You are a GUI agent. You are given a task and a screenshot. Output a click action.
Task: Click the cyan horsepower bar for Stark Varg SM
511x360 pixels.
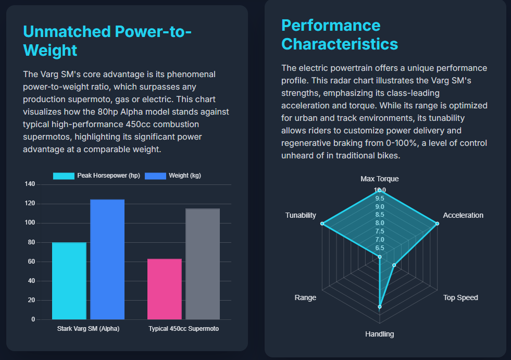(69, 281)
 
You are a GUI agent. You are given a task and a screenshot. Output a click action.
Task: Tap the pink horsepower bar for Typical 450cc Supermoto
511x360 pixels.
(165, 289)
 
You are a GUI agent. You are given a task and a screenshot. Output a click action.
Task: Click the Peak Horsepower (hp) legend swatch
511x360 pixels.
(64, 176)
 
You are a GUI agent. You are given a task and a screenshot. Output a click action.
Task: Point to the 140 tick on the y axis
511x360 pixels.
(30, 184)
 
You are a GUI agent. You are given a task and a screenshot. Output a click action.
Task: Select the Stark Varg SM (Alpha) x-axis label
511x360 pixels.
(88, 329)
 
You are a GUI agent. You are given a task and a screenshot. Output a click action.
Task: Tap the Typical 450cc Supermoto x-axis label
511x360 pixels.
(183, 329)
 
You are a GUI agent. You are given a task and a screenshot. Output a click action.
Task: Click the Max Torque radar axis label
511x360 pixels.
(380, 179)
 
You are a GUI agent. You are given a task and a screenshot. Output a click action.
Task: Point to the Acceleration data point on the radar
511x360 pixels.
(437, 224)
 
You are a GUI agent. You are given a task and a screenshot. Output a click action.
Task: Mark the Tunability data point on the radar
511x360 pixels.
(322, 224)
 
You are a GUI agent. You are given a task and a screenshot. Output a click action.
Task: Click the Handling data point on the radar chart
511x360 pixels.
(380, 307)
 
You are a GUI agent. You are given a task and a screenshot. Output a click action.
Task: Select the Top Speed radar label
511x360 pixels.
(460, 297)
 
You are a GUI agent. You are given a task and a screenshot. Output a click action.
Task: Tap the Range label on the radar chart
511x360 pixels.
(305, 297)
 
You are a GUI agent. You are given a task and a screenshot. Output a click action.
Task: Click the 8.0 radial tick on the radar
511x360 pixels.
(380, 223)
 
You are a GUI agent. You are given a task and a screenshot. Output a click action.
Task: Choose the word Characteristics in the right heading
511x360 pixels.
(340, 44)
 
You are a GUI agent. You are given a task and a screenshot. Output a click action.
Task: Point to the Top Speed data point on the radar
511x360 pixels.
(394, 265)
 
